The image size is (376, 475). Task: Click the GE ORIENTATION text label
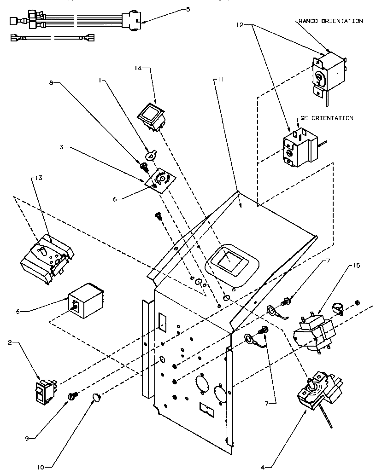click(x=327, y=118)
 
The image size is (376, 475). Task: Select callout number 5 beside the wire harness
click(x=188, y=9)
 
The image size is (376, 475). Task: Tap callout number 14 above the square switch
click(x=138, y=68)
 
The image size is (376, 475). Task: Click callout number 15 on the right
click(x=357, y=266)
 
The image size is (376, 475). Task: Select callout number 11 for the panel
click(x=220, y=80)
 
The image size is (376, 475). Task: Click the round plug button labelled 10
click(x=97, y=398)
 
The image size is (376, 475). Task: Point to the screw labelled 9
click(x=73, y=396)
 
